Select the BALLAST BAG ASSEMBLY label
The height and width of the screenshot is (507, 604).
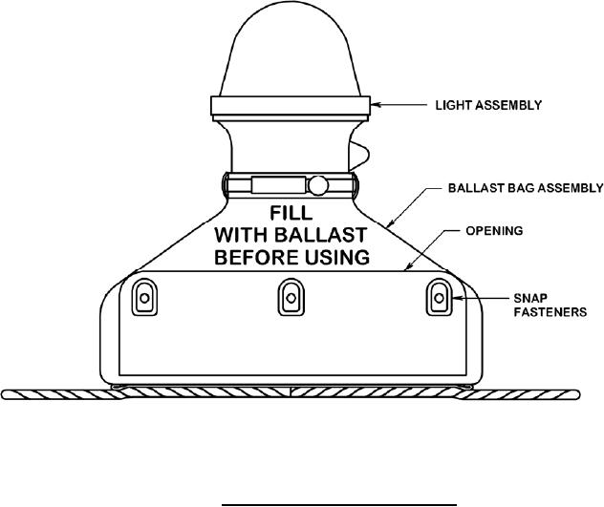(526, 187)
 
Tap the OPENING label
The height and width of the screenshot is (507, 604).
(491, 231)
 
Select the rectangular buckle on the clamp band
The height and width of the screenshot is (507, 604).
(277, 183)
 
